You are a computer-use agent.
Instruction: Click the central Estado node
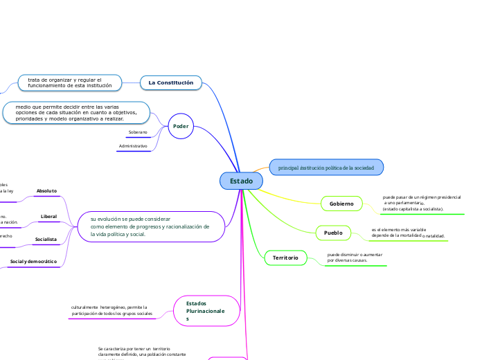coord(242,181)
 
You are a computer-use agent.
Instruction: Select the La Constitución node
coord(171,83)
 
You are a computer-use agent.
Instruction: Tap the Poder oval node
coord(181,126)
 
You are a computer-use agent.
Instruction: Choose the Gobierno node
coord(341,204)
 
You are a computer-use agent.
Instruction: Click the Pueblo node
coord(333,233)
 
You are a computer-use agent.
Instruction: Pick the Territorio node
coord(285,258)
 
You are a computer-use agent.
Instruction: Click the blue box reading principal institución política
coord(325,168)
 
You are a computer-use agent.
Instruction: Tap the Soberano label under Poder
coord(138,132)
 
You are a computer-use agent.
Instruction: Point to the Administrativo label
coord(133,146)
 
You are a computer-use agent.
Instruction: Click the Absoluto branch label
coord(46,190)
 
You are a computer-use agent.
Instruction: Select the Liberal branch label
coord(49,217)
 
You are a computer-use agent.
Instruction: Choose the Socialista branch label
coord(46,239)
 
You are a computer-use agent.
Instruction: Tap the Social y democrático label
coord(33,262)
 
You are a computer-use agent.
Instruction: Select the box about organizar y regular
coord(70,83)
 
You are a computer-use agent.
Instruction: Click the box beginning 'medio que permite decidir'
coord(76,113)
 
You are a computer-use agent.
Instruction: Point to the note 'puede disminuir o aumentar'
coord(355,257)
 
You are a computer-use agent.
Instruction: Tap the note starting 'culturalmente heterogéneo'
coord(111,310)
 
